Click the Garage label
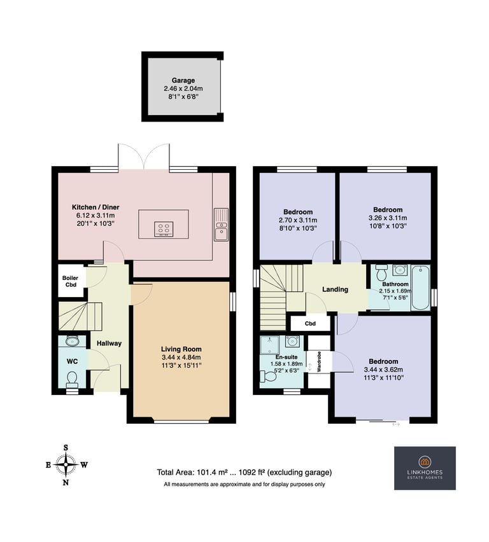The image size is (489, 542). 183,81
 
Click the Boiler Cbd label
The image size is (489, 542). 69,281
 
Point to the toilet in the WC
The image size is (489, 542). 71,380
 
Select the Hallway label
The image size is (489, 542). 109,344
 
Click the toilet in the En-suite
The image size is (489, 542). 269,377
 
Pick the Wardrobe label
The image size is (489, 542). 320,361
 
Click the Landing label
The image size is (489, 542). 335,289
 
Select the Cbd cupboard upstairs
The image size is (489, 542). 310,323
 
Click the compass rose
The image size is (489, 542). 66,464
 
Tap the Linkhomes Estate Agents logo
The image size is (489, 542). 425,468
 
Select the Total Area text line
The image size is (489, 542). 244,473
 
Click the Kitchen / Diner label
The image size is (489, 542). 96,207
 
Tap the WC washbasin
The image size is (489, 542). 71,342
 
